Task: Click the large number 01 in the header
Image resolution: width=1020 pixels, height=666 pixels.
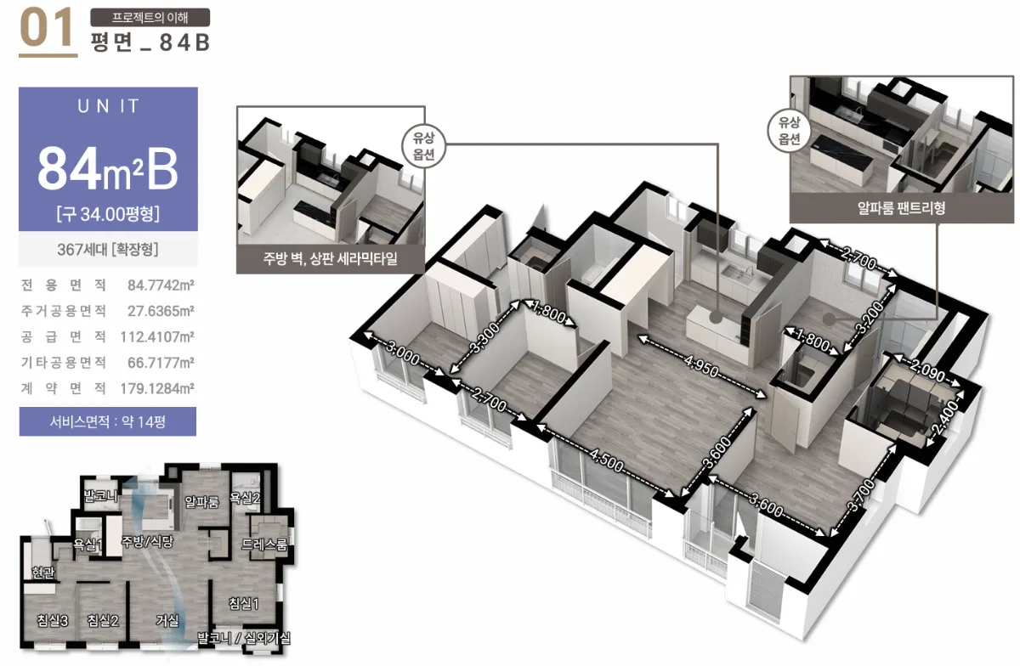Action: click(47, 28)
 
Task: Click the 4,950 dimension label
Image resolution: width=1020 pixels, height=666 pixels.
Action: click(700, 366)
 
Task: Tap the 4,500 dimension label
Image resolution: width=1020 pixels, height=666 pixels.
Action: click(606, 460)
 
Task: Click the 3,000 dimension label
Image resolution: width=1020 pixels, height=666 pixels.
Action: click(403, 353)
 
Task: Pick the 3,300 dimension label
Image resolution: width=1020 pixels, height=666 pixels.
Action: click(484, 338)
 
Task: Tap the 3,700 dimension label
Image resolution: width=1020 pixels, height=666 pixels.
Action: click(862, 495)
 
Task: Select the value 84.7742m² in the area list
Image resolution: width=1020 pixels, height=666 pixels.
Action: click(161, 285)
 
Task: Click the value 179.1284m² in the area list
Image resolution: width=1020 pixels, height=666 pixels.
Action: click(157, 388)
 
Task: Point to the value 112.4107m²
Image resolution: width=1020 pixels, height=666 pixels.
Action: click(157, 337)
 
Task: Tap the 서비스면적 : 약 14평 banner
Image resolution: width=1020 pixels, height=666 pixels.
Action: click(107, 421)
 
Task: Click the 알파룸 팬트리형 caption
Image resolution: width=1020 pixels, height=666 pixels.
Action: click(901, 208)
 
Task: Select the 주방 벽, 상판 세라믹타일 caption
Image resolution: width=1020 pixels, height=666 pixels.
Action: click(330, 258)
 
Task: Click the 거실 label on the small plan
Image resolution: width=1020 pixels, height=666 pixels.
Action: click(167, 620)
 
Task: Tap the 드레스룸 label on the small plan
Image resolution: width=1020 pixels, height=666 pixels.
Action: click(264, 545)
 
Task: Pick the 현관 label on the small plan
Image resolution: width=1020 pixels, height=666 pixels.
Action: click(43, 573)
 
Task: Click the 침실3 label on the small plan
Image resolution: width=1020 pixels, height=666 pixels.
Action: click(53, 620)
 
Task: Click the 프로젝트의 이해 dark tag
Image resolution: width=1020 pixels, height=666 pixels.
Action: click(150, 17)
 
